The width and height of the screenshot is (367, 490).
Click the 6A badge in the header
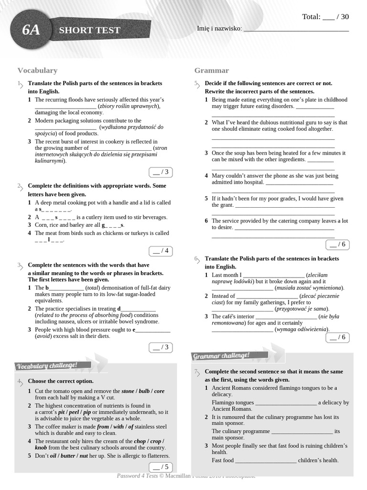tap(31, 30)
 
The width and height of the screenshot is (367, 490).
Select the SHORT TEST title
tap(89, 30)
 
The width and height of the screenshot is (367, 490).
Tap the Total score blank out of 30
tap(329, 17)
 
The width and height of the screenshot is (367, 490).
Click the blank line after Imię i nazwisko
tap(296, 29)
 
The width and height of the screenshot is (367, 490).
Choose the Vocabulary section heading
tap(37, 70)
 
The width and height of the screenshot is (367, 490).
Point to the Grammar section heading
tap(211, 70)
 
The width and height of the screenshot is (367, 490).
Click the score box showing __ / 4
tap(160, 251)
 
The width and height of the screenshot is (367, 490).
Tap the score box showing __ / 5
tap(160, 467)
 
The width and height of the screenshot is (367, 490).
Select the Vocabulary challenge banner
tap(47, 366)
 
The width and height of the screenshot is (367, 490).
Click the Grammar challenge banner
tap(221, 356)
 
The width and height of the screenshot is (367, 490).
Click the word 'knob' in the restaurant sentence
tap(41, 447)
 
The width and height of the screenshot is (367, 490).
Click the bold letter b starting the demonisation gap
tap(47, 288)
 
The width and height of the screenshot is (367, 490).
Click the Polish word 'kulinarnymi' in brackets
tap(50, 161)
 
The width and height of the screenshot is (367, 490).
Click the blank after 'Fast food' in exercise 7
tap(266, 460)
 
